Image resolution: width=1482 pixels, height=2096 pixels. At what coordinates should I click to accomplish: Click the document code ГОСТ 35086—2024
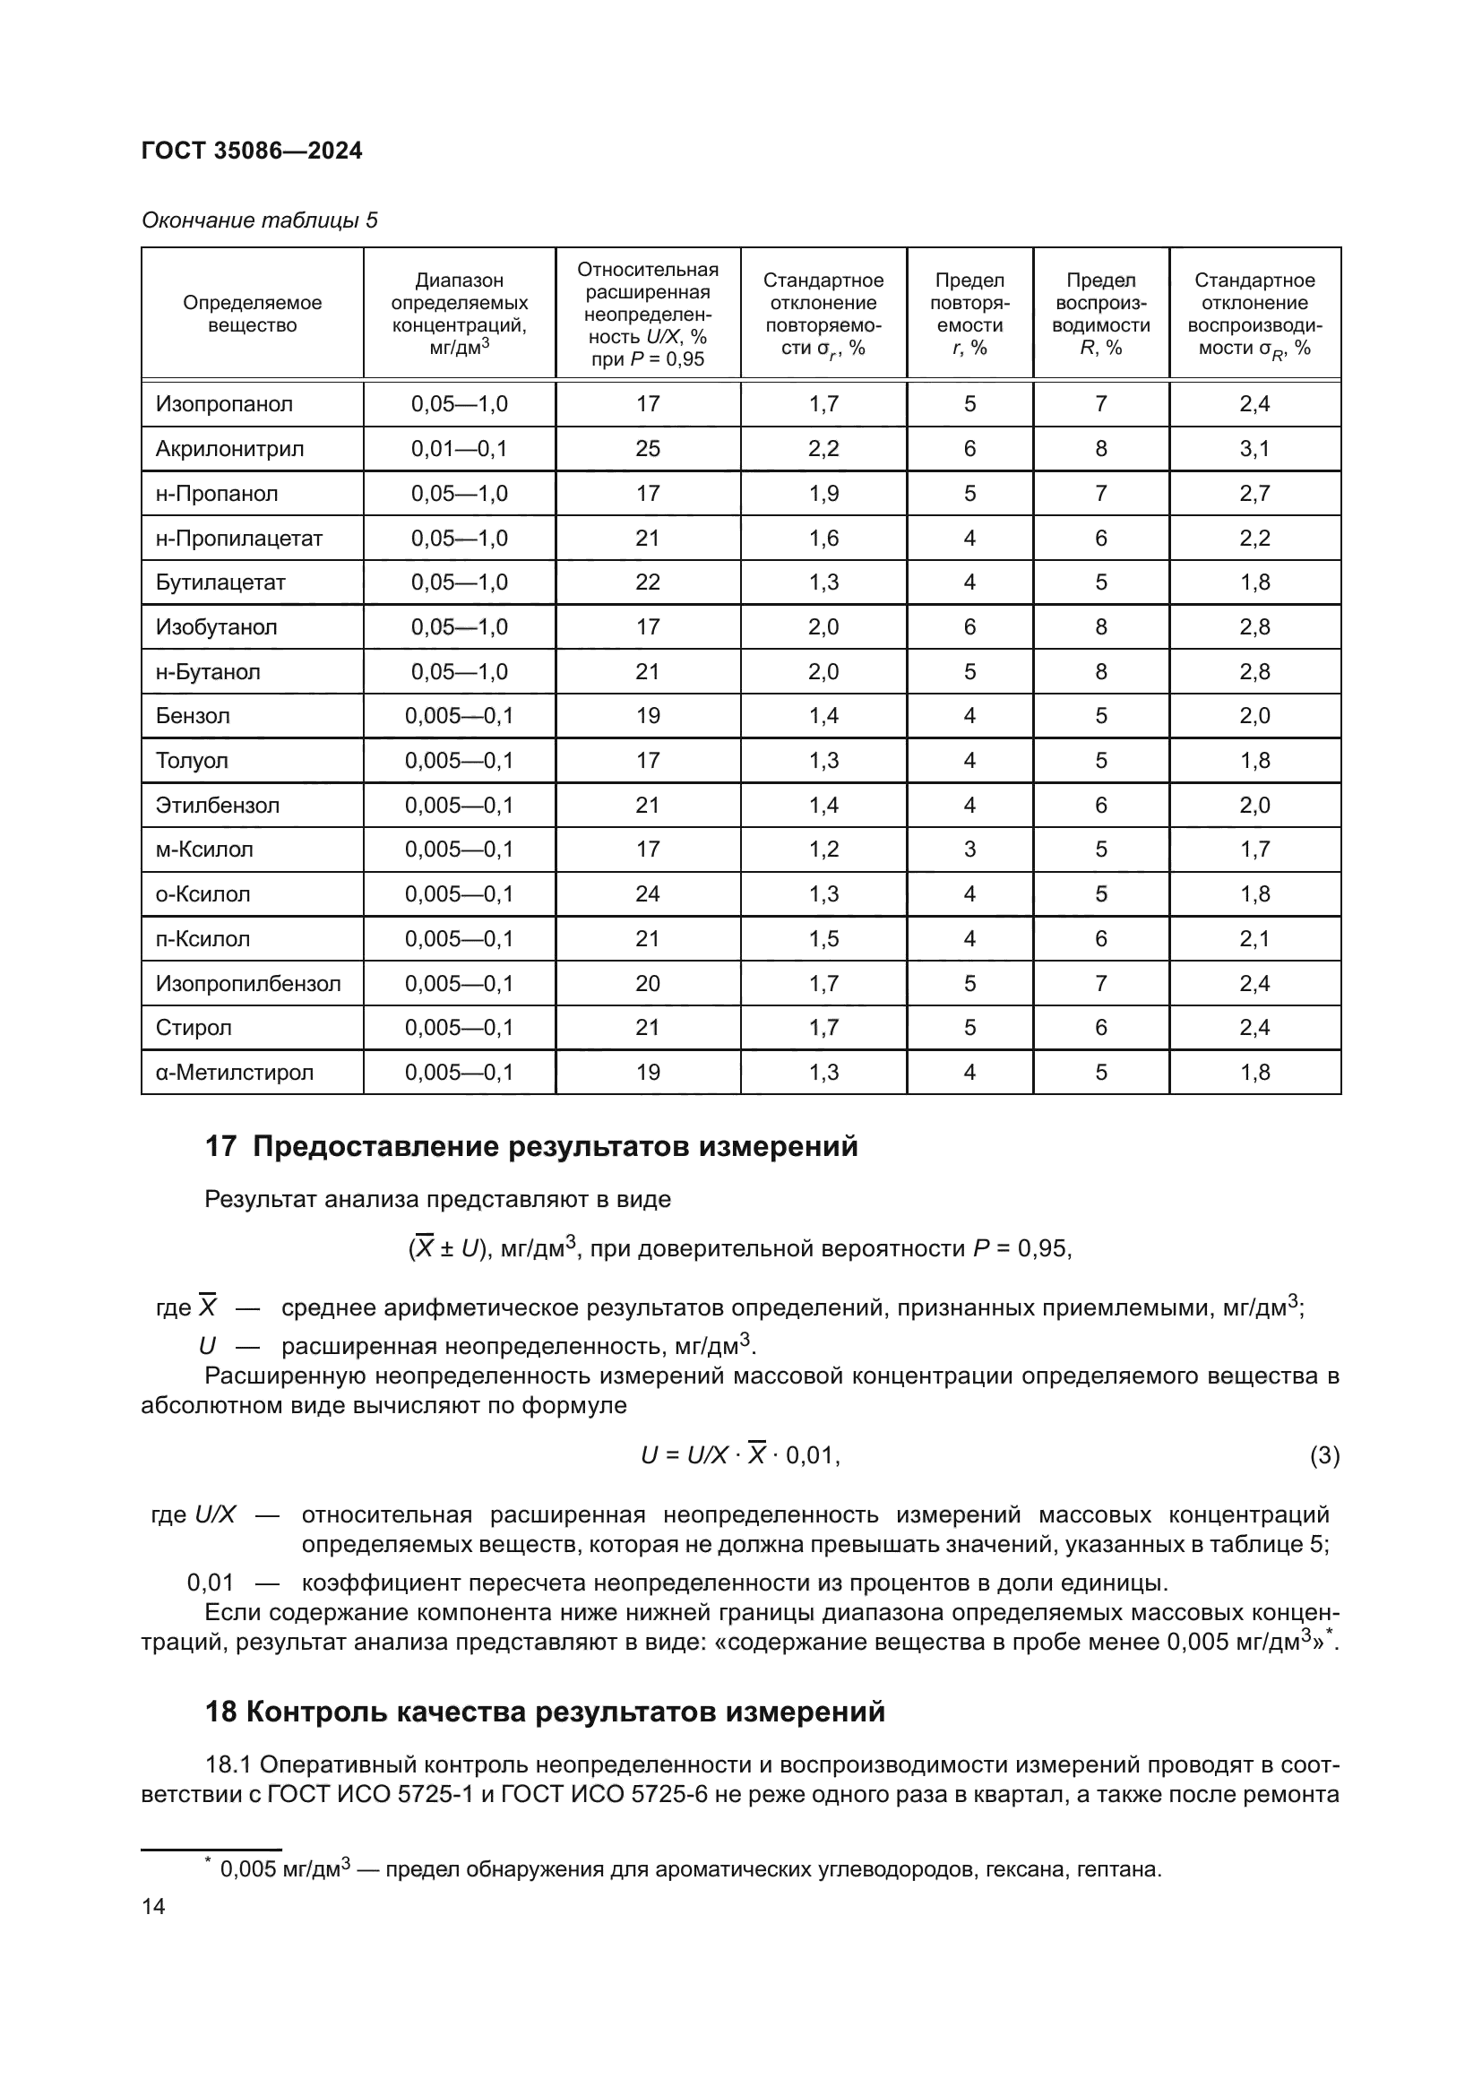coord(252,151)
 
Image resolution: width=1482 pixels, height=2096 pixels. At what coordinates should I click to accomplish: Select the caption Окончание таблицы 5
coord(259,220)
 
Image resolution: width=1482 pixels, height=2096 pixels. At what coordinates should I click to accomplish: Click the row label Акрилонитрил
coord(229,448)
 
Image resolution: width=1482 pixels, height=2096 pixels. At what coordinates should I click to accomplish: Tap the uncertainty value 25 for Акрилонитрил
coord(647,448)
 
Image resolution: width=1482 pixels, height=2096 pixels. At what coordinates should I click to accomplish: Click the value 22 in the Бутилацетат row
coord(647,582)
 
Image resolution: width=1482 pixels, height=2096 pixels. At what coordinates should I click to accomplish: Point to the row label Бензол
coord(193,716)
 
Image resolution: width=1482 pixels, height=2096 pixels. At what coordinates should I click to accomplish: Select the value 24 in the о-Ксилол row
coord(647,893)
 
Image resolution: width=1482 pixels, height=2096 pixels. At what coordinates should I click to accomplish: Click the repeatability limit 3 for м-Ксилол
coord(969,849)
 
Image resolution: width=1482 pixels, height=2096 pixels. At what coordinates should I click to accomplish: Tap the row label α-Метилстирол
coord(235,1072)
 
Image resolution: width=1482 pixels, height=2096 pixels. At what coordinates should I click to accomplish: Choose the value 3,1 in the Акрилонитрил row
coord(1254,448)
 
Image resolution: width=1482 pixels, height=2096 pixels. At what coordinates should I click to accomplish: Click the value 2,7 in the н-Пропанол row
coord(1254,493)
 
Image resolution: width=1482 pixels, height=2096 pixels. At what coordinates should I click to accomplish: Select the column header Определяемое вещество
coord(252,313)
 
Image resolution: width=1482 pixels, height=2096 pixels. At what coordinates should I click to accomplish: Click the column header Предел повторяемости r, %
coord(969,313)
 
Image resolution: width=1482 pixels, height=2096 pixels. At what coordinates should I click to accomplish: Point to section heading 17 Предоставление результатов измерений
coord(531,1146)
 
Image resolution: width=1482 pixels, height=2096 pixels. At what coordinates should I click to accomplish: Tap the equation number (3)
coord(1324,1455)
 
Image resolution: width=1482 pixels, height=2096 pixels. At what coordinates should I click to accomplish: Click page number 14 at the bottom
coord(153,1906)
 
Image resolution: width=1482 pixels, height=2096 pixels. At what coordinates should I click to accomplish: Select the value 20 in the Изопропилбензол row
coord(647,983)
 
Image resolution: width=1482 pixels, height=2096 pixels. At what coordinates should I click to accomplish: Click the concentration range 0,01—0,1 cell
coord(459,448)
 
